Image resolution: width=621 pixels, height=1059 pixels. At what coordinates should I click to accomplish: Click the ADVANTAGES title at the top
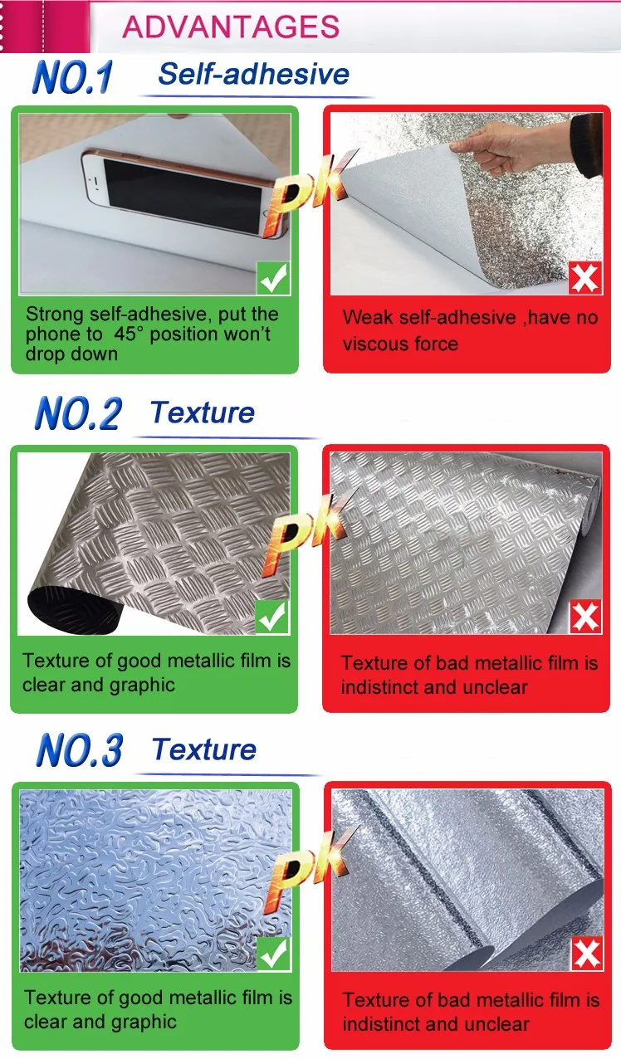pyautogui.click(x=231, y=27)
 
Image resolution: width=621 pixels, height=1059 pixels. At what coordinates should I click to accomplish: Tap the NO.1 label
pyautogui.click(x=72, y=78)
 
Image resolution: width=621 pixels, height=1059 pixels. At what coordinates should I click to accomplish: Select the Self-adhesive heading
pyautogui.click(x=254, y=74)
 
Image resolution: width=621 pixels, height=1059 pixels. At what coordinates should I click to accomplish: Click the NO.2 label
pyautogui.click(x=77, y=413)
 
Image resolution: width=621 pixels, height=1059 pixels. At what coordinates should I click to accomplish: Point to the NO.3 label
pyautogui.click(x=79, y=750)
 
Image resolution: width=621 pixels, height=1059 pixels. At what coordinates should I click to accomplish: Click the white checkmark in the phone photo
pyautogui.click(x=274, y=278)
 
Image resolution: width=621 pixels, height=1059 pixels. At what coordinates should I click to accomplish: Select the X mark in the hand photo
pyautogui.click(x=585, y=278)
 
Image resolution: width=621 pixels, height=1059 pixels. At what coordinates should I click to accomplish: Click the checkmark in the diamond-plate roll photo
pyautogui.click(x=272, y=617)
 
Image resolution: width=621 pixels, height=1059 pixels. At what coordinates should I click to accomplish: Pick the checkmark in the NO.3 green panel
pyautogui.click(x=273, y=955)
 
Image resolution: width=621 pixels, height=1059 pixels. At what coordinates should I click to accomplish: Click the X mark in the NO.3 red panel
pyautogui.click(x=586, y=955)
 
